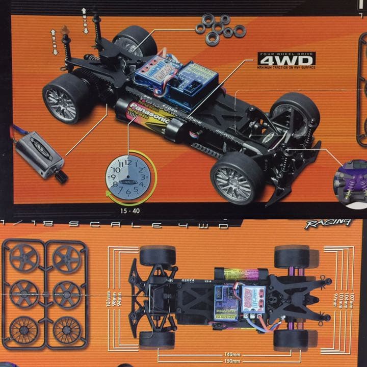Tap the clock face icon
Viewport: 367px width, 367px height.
tap(128, 178)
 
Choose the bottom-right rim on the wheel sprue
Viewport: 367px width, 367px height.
tap(67, 329)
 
